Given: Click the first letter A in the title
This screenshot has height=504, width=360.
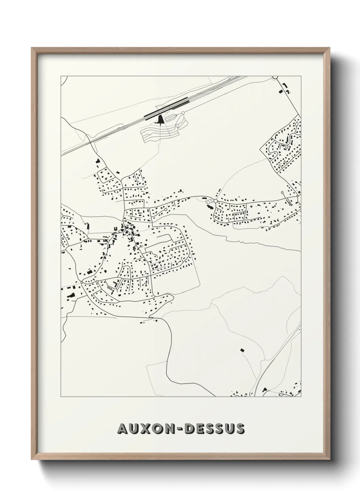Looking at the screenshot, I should pyautogui.click(x=122, y=429).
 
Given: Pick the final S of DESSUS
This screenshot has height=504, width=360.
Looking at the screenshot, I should pyautogui.click(x=240, y=429).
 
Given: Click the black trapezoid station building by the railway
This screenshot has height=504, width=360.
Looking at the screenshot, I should pyautogui.click(x=160, y=120).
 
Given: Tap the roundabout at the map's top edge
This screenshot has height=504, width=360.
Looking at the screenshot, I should pyautogui.click(x=275, y=77).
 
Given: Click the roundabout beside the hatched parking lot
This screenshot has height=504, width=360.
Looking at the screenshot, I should pyautogui.click(x=215, y=201).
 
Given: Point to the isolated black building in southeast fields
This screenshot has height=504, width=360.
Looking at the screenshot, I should pyautogui.click(x=242, y=350).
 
